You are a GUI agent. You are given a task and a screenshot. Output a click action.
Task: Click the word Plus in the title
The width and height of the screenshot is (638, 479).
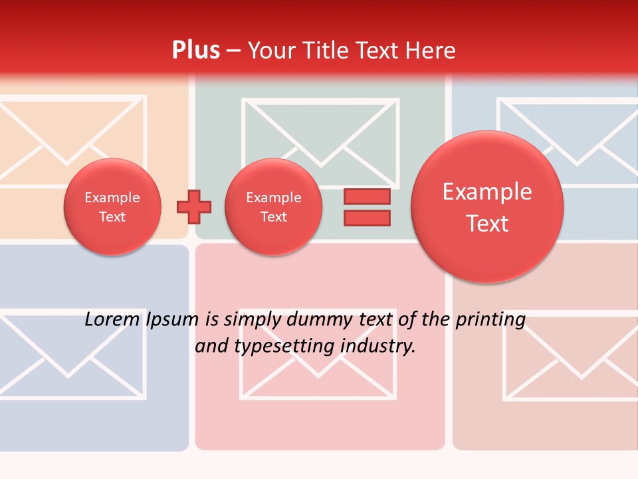click(195, 51)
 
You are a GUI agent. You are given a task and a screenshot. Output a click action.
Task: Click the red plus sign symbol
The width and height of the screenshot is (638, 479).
click(194, 207)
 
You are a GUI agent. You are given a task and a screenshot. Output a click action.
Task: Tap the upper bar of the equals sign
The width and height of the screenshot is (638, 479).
click(367, 196)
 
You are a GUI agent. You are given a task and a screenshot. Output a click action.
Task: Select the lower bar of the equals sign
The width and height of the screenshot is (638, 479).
click(367, 218)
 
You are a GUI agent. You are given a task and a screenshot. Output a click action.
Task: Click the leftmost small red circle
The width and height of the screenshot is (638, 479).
click(112, 207)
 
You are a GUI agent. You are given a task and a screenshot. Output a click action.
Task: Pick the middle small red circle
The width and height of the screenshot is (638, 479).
click(273, 207)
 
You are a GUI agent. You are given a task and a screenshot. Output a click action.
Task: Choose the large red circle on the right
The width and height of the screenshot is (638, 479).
click(487, 207)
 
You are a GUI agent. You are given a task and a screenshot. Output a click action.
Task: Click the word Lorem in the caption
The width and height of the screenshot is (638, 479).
click(112, 319)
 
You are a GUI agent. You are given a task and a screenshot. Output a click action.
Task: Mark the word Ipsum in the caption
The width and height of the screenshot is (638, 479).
click(172, 319)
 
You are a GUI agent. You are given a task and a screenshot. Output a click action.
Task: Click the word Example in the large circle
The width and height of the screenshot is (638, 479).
click(487, 192)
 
